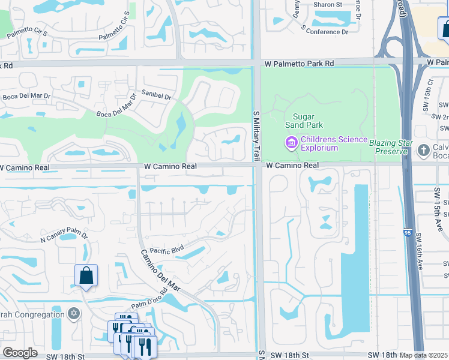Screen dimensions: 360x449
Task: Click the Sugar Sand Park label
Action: coord(307,121)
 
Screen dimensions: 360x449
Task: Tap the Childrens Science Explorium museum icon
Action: coord(291,143)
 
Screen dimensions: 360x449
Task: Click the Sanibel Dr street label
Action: coord(156,95)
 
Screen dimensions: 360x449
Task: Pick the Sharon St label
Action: coord(327,4)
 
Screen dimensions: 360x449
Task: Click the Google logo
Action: coord(20,353)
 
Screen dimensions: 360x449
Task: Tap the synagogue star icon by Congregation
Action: coord(74,314)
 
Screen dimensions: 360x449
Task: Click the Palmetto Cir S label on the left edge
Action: coord(28,32)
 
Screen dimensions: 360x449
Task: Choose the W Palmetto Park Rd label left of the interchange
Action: coord(300,63)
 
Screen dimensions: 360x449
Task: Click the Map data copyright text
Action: coord(424,355)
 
